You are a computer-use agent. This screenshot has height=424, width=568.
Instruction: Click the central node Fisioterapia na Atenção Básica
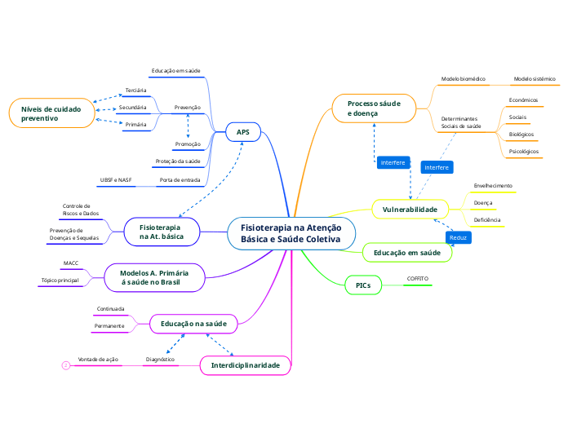[291, 233]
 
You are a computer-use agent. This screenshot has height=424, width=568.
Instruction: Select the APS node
[243, 132]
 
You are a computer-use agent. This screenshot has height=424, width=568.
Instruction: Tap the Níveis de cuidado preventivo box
[51, 113]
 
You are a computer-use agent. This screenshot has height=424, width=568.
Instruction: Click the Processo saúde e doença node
[374, 108]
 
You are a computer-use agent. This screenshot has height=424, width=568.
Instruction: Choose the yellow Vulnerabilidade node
[410, 210]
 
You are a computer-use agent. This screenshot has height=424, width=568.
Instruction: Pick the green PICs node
[363, 285]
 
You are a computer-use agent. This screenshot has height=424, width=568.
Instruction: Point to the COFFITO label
[417, 279]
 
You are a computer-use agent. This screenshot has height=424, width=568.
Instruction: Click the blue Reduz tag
[459, 237]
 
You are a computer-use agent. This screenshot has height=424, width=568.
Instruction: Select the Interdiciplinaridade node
[245, 365]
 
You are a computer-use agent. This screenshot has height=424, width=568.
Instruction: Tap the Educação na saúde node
[193, 324]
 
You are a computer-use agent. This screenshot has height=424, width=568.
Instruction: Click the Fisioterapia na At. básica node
[162, 231]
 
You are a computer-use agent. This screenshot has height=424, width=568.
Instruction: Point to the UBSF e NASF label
[116, 179]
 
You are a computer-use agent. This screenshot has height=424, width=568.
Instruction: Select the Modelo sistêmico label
[534, 79]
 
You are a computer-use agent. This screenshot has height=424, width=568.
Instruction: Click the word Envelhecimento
[493, 185]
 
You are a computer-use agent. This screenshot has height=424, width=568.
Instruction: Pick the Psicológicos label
[523, 151]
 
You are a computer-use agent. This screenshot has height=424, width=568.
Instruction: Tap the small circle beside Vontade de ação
[65, 366]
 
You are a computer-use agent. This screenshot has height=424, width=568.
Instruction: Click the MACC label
[70, 263]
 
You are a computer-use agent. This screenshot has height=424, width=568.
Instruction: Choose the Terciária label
[135, 90]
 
